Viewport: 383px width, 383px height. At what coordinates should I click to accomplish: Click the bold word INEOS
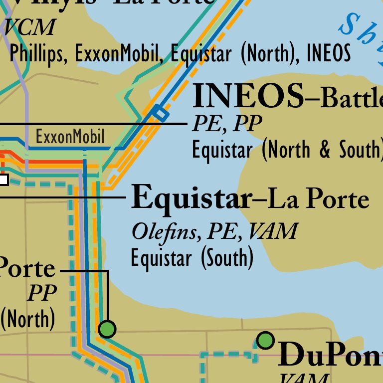click(x=248, y=97)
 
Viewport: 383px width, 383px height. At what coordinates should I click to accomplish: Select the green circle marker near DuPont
click(x=266, y=341)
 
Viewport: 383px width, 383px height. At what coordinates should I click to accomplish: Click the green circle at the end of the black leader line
click(x=107, y=329)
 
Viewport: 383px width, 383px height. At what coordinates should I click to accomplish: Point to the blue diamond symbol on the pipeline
click(x=160, y=113)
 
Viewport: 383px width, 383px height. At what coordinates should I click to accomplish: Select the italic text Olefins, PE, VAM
click(x=214, y=231)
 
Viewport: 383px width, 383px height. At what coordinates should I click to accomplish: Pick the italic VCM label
click(x=29, y=27)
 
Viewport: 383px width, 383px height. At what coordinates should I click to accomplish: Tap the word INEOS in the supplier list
click(x=328, y=53)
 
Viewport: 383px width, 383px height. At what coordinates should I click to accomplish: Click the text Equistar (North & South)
click(x=287, y=150)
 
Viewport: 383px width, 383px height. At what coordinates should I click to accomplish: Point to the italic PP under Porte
click(x=42, y=293)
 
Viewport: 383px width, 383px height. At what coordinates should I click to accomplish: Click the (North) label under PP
click(x=28, y=319)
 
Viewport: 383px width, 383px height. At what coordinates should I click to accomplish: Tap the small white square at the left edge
click(x=3, y=180)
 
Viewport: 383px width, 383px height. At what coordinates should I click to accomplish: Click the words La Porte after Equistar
click(x=318, y=199)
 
